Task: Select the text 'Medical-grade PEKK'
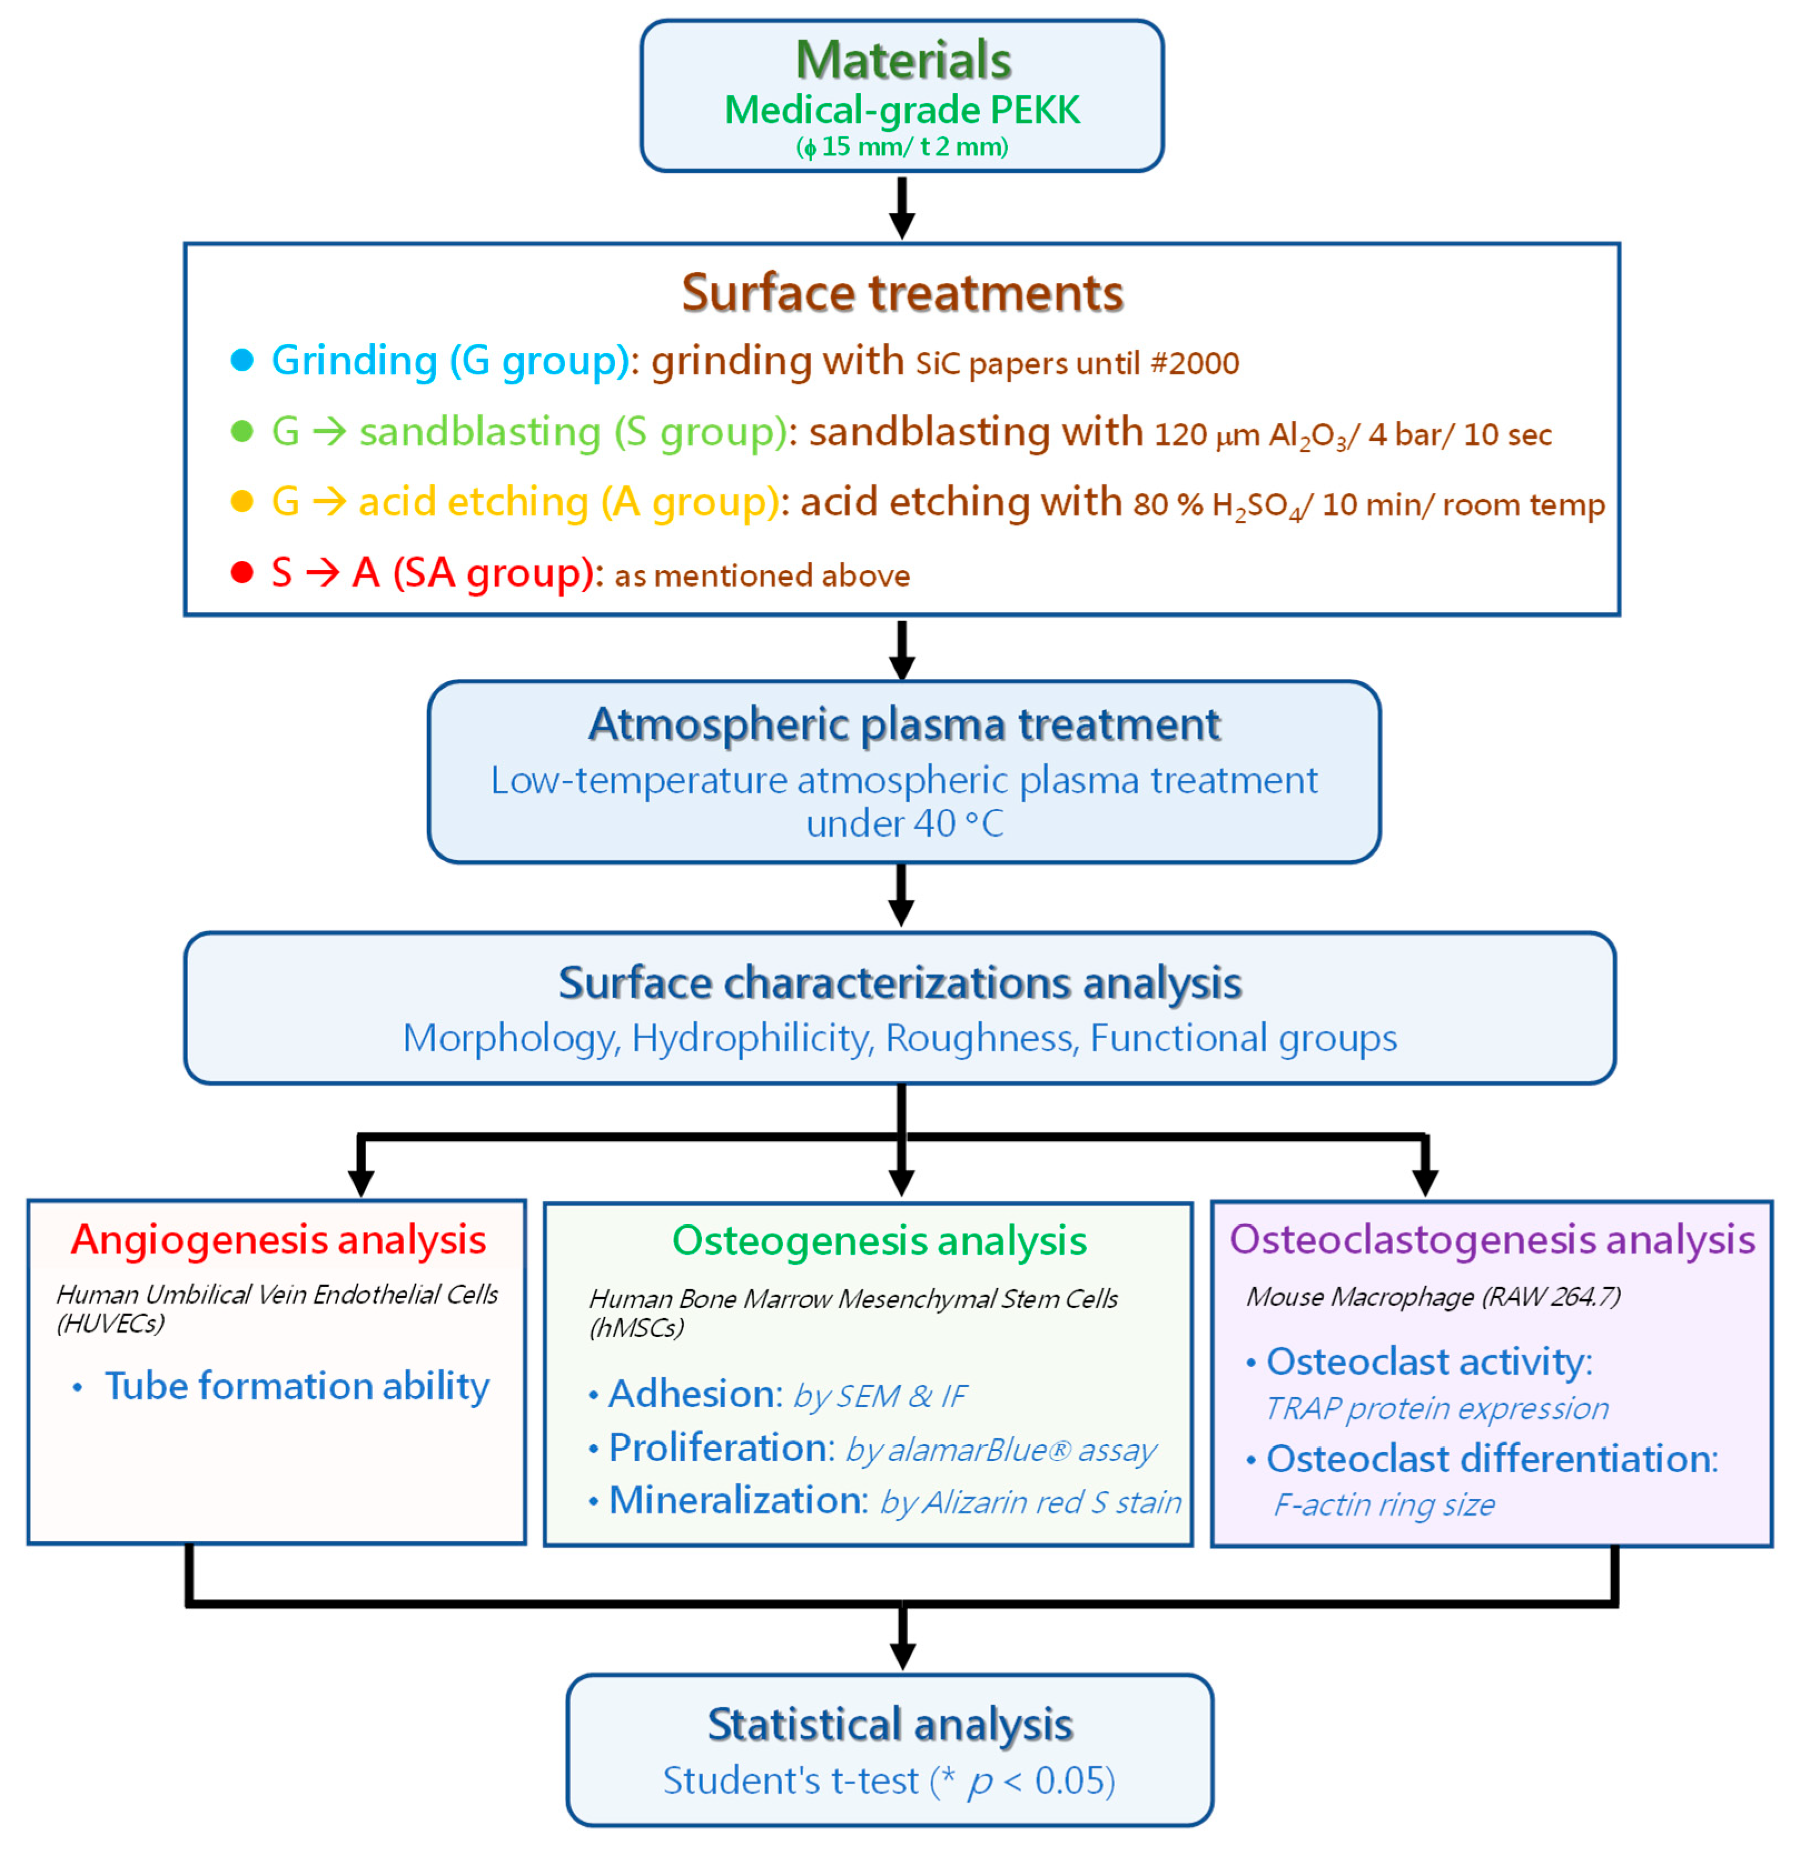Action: point(902,111)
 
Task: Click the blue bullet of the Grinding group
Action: point(242,360)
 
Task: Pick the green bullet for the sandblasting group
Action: point(242,431)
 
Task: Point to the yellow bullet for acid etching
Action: point(242,501)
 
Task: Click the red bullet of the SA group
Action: point(242,572)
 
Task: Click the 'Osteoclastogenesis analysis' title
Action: point(1492,1239)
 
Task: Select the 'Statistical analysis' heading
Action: point(890,1725)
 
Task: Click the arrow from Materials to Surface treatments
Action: point(902,208)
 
